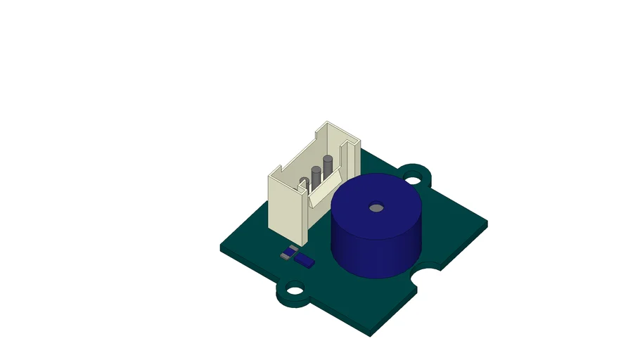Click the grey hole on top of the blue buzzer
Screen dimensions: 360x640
[376, 208]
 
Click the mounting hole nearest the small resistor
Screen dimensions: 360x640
[295, 288]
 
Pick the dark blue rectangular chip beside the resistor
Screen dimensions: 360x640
[304, 260]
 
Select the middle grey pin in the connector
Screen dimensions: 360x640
[316, 177]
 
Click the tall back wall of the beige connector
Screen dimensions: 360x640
[345, 144]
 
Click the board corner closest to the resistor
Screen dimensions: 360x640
[222, 247]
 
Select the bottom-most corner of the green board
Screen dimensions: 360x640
[371, 333]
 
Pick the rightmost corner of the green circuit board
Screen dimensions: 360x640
[486, 224]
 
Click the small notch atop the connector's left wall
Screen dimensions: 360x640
[280, 168]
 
